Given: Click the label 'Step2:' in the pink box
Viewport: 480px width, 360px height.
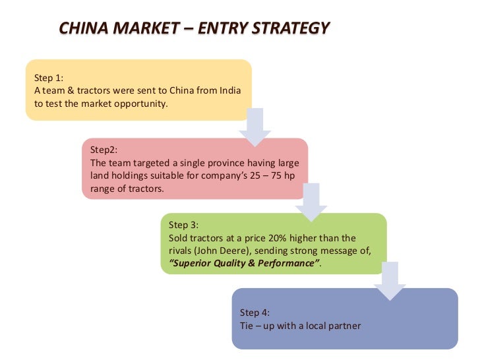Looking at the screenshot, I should click(x=104, y=150).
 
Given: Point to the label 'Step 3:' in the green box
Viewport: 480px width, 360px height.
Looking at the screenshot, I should click(x=184, y=225).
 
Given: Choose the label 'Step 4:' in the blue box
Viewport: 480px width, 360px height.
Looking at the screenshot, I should click(x=255, y=313).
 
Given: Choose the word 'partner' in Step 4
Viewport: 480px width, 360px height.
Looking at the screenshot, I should click(x=345, y=326).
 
